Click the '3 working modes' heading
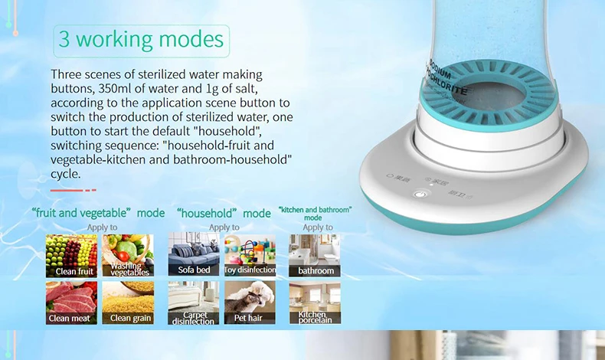141,39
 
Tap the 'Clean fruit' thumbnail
71,255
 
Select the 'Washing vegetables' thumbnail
128,255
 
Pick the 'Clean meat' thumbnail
71,303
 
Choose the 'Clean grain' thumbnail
128,303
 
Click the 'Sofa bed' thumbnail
194,255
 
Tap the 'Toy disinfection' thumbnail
250,255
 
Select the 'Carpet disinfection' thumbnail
194,303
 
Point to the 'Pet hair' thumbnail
250,303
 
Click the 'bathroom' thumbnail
315,255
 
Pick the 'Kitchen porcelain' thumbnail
315,303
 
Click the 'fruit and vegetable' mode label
99,212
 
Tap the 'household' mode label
224,212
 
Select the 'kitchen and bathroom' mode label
316,211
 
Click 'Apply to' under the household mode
224,227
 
